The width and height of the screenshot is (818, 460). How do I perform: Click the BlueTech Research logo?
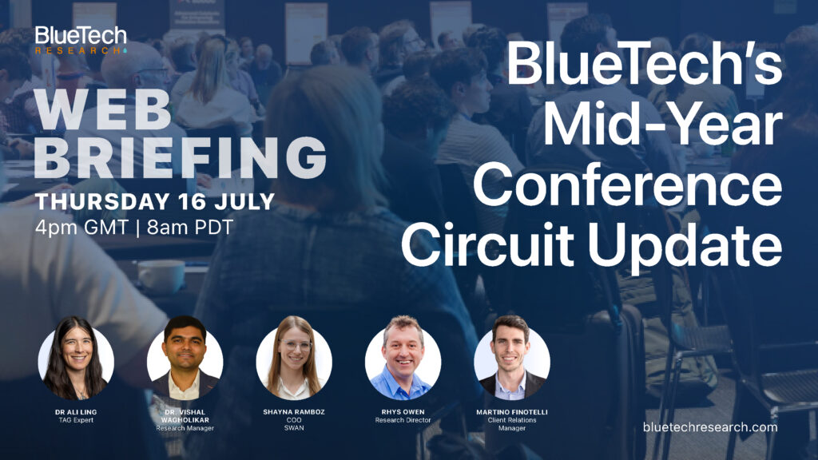(81, 40)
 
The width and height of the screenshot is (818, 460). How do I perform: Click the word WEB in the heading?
(103, 111)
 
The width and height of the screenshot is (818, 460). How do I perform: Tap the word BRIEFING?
(181, 158)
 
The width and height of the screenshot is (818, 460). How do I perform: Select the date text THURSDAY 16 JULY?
(155, 202)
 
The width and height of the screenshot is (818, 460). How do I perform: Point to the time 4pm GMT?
(82, 228)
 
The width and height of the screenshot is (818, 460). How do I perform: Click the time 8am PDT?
(190, 228)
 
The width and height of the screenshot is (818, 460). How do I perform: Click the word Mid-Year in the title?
(662, 127)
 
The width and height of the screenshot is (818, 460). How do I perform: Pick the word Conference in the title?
(628, 185)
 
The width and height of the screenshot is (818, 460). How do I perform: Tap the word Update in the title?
(685, 246)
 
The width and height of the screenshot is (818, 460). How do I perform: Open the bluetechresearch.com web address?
(710, 427)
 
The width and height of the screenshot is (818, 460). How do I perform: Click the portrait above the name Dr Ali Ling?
(76, 359)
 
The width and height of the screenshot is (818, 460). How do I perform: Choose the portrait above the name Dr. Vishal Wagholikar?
(185, 359)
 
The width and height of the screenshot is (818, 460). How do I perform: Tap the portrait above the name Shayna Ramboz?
(294, 359)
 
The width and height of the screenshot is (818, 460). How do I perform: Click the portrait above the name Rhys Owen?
(403, 359)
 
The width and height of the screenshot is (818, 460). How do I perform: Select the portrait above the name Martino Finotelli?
(512, 359)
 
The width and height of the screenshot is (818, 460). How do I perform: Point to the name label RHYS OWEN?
(403, 412)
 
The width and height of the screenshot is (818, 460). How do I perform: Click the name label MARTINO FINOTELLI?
(512, 412)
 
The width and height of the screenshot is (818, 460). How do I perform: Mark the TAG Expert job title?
(76, 420)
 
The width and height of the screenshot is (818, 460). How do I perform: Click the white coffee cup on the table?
(161, 276)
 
